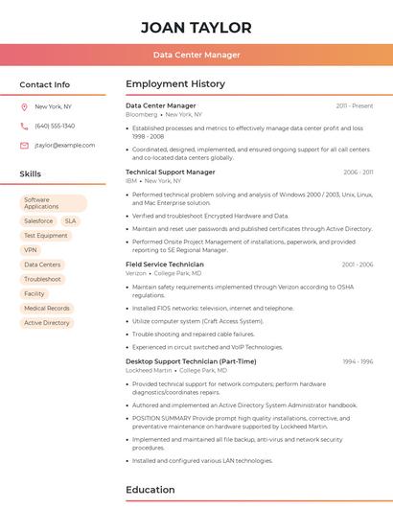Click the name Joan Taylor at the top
(196, 28)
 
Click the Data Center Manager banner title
(196, 55)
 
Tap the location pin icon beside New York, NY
(24, 106)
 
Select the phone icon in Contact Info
(24, 126)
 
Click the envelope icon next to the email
(24, 145)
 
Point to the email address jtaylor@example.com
(64, 145)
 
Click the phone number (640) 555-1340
(55, 126)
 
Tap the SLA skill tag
(71, 220)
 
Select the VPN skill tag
(31, 250)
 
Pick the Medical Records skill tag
(46, 308)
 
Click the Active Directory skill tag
(47, 323)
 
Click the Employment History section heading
(175, 84)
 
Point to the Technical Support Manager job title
(171, 172)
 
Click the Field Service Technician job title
(165, 264)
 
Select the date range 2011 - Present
(354, 105)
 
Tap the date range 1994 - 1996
(358, 361)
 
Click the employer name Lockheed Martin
(149, 370)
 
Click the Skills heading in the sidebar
(31, 174)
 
